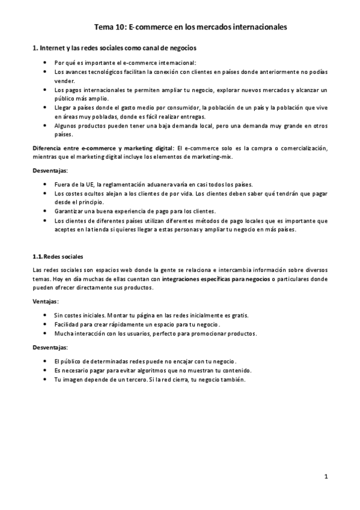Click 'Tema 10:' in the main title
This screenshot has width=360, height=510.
[x=111, y=26]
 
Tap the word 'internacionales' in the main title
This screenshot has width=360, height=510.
[x=257, y=26]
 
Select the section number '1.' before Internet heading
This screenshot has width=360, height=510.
[x=35, y=47]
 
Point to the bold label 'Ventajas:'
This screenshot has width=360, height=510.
[x=46, y=301]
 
